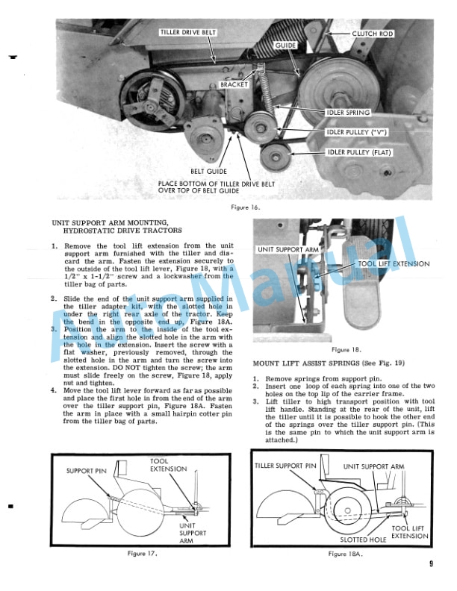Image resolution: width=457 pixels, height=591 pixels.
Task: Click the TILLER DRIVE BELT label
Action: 187,33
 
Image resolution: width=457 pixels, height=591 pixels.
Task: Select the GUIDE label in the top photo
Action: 285,46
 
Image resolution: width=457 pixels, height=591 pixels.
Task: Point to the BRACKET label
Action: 234,85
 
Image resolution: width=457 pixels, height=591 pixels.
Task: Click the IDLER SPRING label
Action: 348,113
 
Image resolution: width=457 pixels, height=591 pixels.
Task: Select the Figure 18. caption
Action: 346,348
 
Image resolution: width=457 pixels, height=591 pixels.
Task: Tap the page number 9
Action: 431,564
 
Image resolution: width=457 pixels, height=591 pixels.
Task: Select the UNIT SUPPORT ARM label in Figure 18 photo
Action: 288,248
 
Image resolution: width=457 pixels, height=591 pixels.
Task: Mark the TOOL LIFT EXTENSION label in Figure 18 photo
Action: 394,263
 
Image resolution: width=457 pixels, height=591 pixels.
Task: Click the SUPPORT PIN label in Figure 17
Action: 89,471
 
